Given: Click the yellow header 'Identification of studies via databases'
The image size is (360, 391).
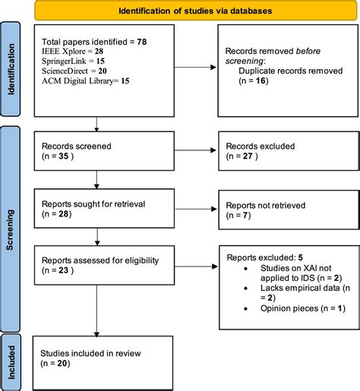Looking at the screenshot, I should (196, 11).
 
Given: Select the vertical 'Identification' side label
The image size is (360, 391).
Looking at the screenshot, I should (11, 68).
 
